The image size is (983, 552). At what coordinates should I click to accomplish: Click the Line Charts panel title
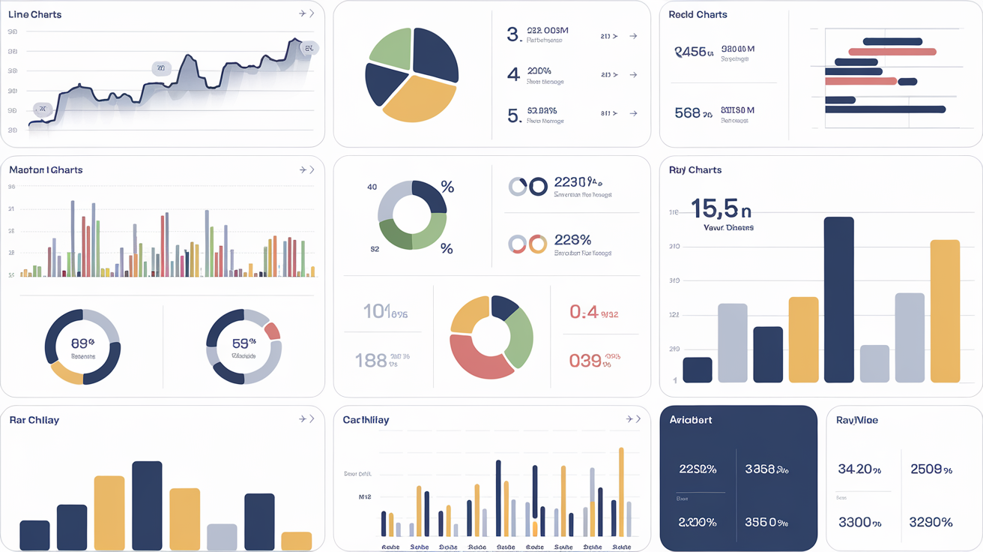coord(35,14)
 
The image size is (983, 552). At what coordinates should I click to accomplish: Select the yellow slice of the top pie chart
coord(419,101)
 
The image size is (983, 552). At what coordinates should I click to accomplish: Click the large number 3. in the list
coord(513,34)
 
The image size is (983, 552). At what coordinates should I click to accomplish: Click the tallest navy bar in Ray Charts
coord(838,299)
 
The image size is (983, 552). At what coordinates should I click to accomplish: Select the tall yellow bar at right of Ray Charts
coord(945,310)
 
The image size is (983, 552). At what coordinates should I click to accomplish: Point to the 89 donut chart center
coord(82,346)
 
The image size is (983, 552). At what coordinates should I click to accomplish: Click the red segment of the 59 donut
coord(273,331)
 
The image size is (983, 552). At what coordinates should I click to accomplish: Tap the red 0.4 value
coord(584,311)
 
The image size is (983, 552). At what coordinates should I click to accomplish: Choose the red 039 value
coord(585,361)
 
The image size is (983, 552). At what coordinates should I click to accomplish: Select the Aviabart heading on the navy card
coord(691,420)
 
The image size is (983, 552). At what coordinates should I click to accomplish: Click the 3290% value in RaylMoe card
coord(931,521)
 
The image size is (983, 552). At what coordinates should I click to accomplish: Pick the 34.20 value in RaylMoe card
coord(855,469)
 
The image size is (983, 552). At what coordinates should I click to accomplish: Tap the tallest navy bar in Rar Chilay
coord(147,505)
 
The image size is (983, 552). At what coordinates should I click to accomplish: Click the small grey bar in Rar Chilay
coord(222,537)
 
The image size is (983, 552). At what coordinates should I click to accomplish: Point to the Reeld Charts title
coord(698,14)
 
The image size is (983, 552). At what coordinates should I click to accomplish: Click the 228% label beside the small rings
coord(572,240)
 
